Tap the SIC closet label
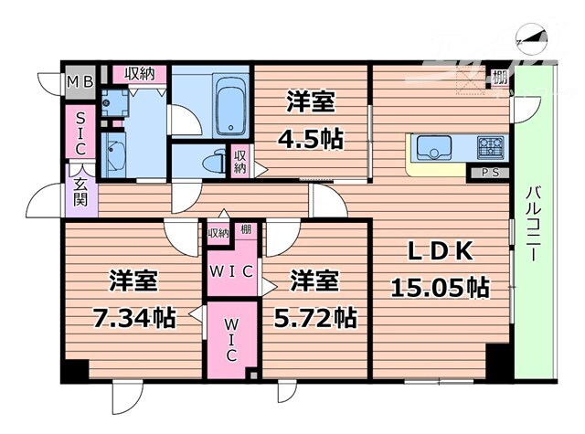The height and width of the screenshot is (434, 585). click(80, 132)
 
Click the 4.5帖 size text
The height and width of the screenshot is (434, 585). click(311, 139)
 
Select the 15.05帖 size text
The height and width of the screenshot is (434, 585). click(440, 289)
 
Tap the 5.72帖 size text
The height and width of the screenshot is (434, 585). click(316, 317)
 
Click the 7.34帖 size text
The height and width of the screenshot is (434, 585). click(133, 317)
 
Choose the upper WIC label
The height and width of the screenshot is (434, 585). click(232, 270)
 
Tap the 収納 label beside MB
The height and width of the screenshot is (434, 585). click(140, 74)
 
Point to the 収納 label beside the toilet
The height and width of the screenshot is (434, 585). click(239, 162)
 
